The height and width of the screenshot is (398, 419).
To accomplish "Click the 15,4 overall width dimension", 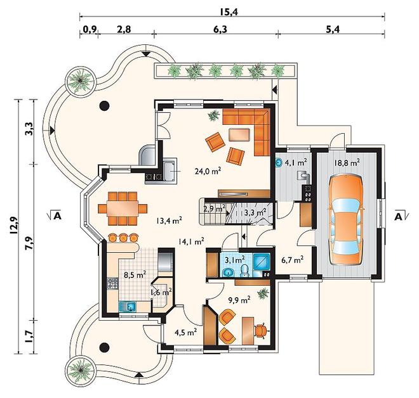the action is (x=229, y=12).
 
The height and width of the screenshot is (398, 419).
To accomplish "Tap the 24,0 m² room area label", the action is (x=208, y=171).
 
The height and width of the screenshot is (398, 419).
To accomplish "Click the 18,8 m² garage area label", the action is (x=347, y=163).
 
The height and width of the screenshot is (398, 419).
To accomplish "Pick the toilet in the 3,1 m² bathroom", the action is (x=244, y=271).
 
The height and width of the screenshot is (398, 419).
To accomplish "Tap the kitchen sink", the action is (x=128, y=307).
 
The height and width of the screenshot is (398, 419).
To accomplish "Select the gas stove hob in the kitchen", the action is (x=112, y=283).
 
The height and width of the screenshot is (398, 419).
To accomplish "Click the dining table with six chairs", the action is (x=123, y=209).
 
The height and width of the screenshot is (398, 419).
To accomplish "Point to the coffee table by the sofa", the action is (x=239, y=135).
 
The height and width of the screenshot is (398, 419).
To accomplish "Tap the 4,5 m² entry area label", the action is (x=186, y=332).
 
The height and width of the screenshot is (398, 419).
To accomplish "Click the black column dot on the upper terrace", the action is (x=104, y=106).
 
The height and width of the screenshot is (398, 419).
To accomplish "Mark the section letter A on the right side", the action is (x=398, y=217).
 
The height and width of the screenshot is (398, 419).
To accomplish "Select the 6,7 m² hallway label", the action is (x=292, y=259).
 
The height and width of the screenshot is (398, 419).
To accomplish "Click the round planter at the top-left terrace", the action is (x=80, y=80).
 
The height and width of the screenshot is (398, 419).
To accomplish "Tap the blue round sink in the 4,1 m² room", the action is (x=279, y=162).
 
